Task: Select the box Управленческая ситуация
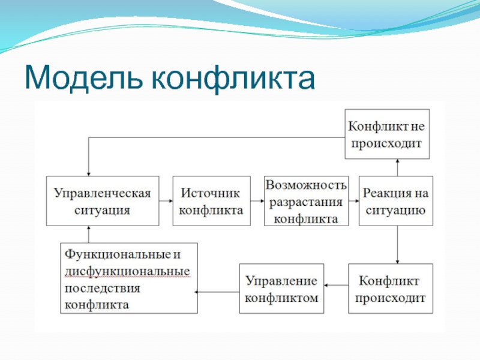103,201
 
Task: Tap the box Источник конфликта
211,201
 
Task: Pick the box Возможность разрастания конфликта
306,201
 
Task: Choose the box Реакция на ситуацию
395,201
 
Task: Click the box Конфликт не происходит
387,134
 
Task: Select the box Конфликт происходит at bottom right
391,289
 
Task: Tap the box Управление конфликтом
281,289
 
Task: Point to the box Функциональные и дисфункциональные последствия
129,278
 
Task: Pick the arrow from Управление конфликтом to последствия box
218,292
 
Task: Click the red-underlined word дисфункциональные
127,271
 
